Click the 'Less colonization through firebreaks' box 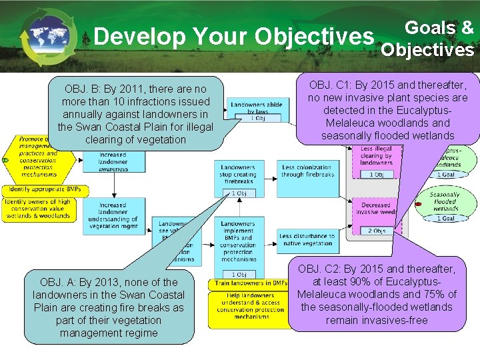click(x=307, y=171)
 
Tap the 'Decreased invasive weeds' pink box click(x=376, y=209)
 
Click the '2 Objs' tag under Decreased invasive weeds click(x=376, y=231)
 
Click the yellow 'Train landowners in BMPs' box click(x=248, y=283)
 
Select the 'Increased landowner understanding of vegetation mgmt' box click(x=113, y=215)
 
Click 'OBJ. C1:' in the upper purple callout click(x=333, y=85)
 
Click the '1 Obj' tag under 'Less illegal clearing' click(x=376, y=175)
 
